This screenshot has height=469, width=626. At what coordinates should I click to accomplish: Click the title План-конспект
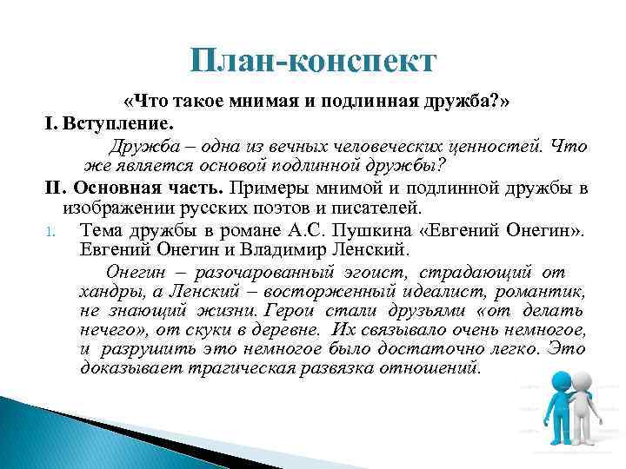[312, 62]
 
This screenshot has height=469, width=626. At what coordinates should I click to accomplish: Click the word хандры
[103, 291]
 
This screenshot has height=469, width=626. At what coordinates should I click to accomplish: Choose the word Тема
[99, 231]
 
